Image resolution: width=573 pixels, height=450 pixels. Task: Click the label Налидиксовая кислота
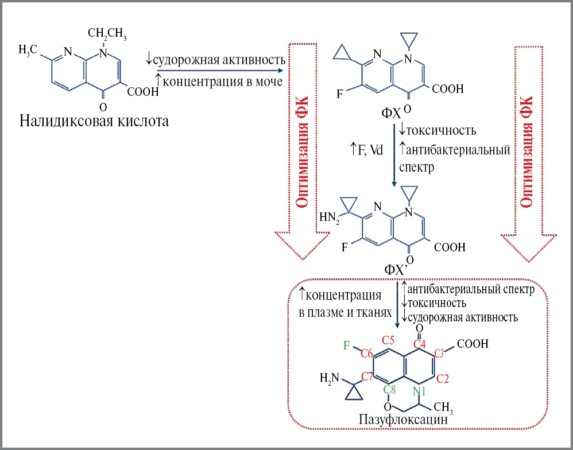(x=94, y=122)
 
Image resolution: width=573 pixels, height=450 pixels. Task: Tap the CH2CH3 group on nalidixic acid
(x=107, y=32)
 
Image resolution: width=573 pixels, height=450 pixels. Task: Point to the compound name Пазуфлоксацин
(x=403, y=420)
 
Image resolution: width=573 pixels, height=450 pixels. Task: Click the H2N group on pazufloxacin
(x=331, y=378)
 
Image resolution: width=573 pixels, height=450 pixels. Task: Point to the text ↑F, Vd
(x=366, y=151)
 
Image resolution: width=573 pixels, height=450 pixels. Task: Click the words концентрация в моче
(x=222, y=82)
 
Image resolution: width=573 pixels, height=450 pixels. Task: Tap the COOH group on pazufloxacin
(x=473, y=344)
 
